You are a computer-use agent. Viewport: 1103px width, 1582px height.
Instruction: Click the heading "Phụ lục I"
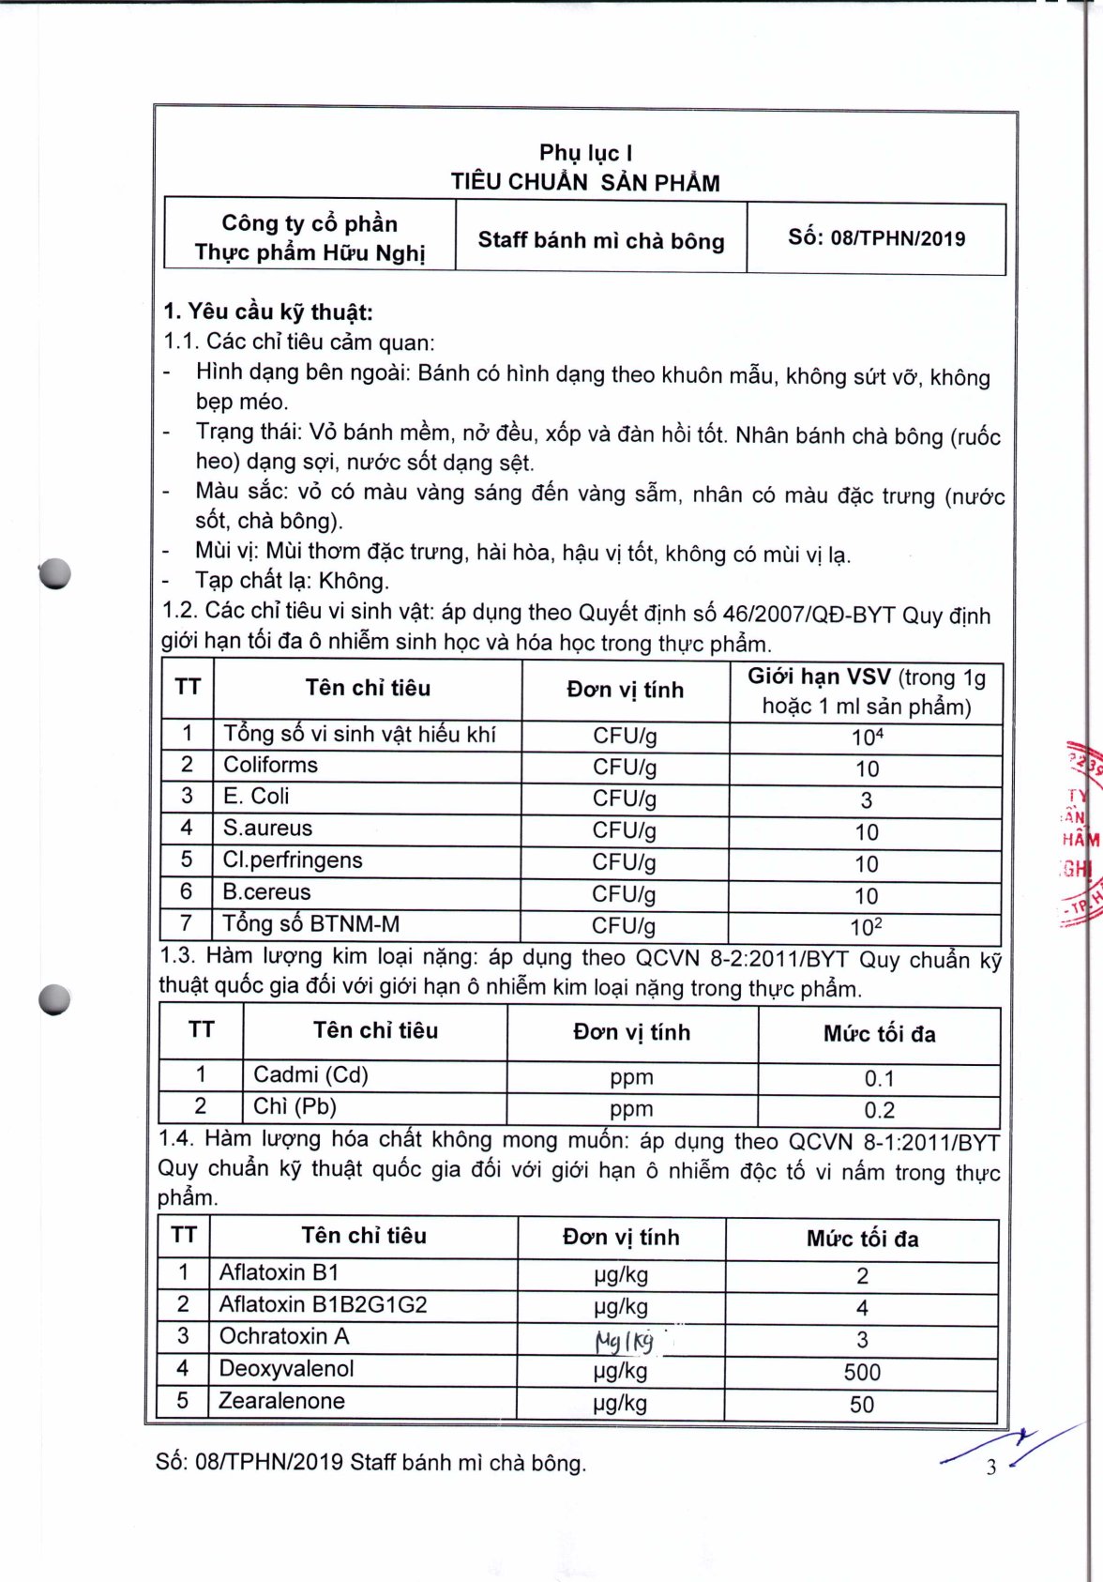pyautogui.click(x=585, y=153)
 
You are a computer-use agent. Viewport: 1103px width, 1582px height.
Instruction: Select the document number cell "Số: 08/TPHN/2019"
pyautogui.click(x=876, y=238)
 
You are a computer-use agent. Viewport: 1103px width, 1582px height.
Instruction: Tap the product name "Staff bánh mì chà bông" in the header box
pyautogui.click(x=601, y=240)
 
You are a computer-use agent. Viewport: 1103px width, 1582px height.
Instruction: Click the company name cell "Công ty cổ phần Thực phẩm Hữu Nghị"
pyautogui.click(x=310, y=238)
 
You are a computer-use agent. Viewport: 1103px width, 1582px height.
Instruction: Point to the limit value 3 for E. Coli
pyautogui.click(x=866, y=800)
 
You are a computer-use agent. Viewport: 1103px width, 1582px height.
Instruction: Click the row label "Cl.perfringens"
pyautogui.click(x=292, y=860)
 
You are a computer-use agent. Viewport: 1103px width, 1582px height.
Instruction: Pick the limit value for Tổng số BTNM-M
pyautogui.click(x=866, y=927)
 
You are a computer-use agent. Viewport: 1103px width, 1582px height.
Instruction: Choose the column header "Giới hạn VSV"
pyautogui.click(x=820, y=677)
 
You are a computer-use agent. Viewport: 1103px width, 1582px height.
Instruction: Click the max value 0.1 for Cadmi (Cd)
pyautogui.click(x=879, y=1079)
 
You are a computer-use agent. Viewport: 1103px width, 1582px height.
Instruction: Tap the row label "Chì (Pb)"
pyautogui.click(x=295, y=1107)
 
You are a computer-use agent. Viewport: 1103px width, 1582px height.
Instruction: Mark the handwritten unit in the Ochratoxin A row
pyautogui.click(x=624, y=1341)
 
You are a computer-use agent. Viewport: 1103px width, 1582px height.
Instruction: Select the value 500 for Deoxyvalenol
pyautogui.click(x=862, y=1373)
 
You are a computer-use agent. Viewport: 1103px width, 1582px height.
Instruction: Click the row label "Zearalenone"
pyautogui.click(x=281, y=1402)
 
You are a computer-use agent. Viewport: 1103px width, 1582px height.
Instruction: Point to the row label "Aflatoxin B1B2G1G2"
pyautogui.click(x=323, y=1305)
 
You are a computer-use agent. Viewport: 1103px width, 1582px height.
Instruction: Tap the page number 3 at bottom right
pyautogui.click(x=991, y=1468)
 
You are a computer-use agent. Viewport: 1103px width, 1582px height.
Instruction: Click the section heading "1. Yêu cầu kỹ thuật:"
pyautogui.click(x=268, y=312)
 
